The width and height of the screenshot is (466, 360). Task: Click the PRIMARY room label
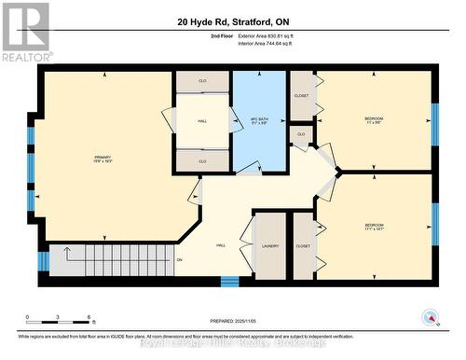coord(103,158)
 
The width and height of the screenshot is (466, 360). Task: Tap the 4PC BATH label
coord(259,121)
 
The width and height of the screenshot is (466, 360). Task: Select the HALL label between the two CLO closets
coord(202,121)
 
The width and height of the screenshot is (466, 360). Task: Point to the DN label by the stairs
coord(179,259)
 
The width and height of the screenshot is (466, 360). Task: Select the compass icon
coord(430,318)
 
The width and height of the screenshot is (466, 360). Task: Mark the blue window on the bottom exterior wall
coord(229,280)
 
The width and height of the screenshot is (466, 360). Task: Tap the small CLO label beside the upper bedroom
coord(300,135)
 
